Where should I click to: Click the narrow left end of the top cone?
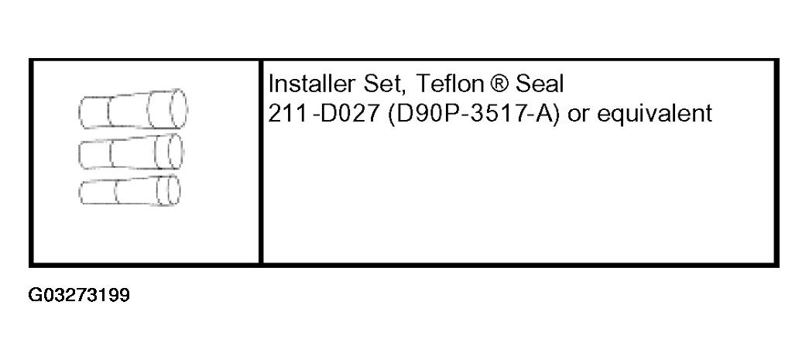click(84, 111)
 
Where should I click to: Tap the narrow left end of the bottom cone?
click(84, 192)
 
